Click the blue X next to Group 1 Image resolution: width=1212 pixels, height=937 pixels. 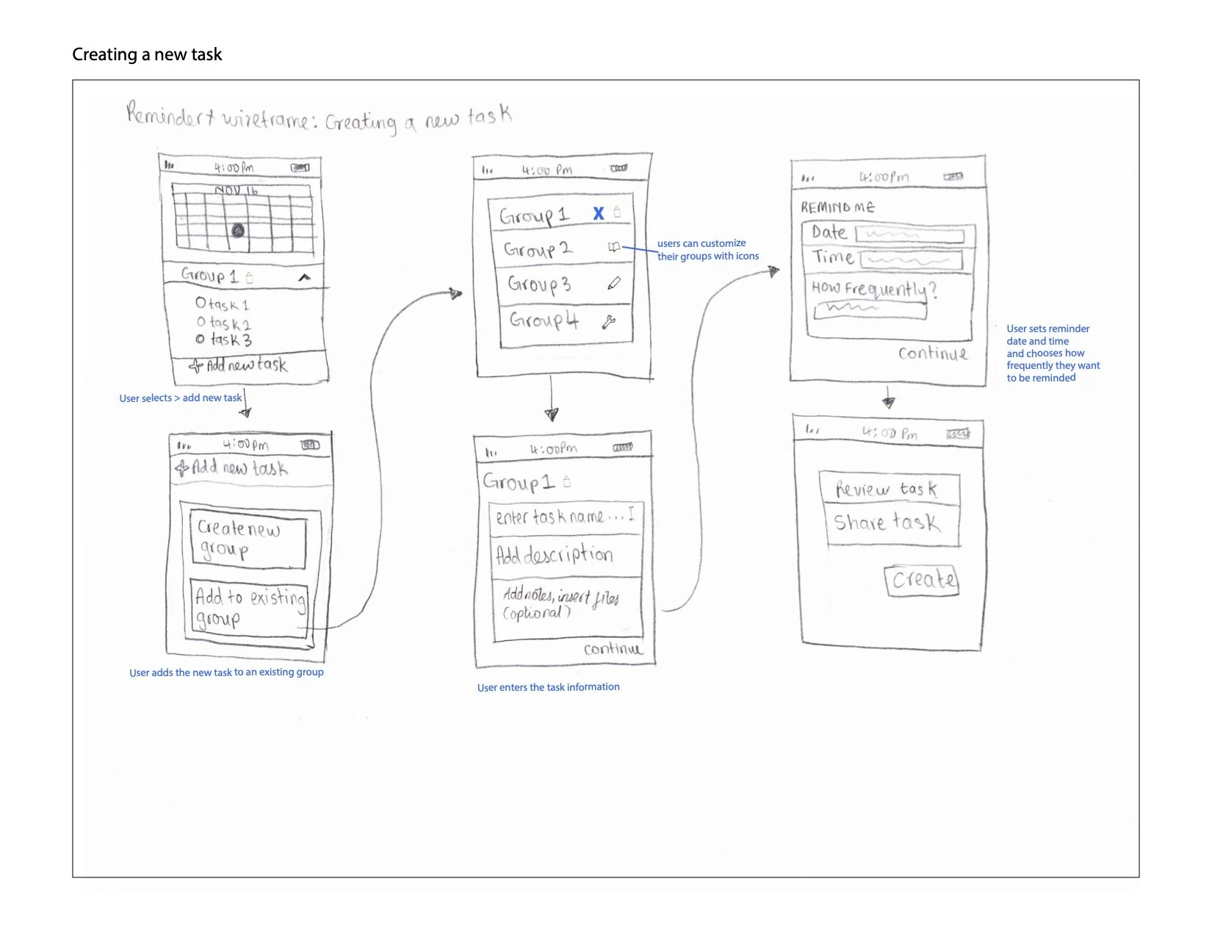[x=599, y=213]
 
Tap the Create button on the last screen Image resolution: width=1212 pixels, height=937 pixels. [x=922, y=580]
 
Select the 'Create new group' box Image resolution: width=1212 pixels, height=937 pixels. [x=247, y=539]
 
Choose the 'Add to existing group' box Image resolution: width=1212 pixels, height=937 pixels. [x=249, y=608]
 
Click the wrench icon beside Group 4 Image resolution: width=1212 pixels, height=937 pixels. [x=609, y=321]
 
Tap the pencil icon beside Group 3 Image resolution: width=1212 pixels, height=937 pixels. [x=614, y=283]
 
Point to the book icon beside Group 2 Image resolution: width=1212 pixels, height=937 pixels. [x=614, y=248]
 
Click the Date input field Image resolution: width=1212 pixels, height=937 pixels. [x=910, y=235]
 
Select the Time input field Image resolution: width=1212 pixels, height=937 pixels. [x=911, y=260]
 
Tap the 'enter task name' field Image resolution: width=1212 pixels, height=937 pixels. [x=564, y=517]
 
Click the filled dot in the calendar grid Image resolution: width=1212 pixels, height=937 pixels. [x=238, y=231]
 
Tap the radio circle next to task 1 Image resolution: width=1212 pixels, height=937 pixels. [x=201, y=302]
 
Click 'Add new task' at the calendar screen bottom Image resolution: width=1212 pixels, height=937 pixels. [x=239, y=365]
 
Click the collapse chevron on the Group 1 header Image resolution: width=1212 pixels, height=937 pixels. [x=304, y=277]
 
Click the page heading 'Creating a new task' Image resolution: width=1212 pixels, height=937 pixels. [x=147, y=54]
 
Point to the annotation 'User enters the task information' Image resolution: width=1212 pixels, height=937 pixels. [x=548, y=687]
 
